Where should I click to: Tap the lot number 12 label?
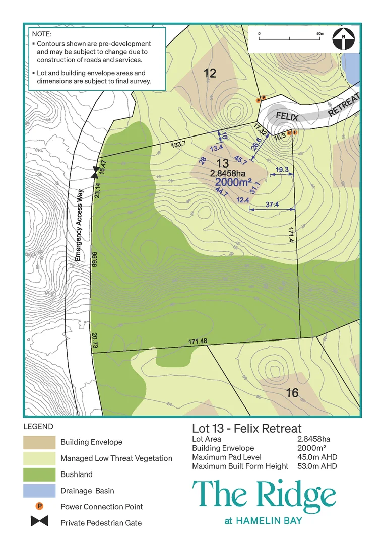point(210,74)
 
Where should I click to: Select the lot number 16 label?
point(292,393)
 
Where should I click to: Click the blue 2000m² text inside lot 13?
point(234,182)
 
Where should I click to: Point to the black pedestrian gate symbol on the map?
point(94,173)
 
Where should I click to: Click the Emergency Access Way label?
point(79,228)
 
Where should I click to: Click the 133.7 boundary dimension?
point(178,144)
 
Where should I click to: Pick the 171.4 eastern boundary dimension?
point(291,236)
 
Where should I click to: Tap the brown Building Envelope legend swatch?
point(39,442)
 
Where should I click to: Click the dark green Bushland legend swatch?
point(39,474)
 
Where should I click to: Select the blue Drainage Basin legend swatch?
point(39,491)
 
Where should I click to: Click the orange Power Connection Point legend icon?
point(39,506)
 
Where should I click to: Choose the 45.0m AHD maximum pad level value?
point(317,457)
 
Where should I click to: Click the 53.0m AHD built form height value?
point(317,466)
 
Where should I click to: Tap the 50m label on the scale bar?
point(319,33)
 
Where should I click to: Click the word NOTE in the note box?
point(41,34)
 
